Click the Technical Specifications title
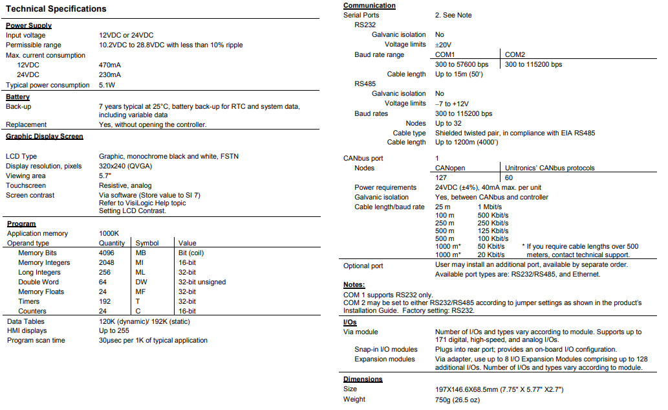coord(56,9)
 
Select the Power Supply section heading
coord(28,25)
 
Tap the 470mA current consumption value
coord(109,65)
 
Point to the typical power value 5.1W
coord(107,85)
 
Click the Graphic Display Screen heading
coord(44,136)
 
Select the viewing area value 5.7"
coord(105,176)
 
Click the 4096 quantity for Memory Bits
coord(106,253)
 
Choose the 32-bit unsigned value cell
coord(202,282)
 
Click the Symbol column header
coord(147,243)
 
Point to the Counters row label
coord(32,311)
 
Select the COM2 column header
coord(515,54)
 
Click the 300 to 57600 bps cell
coord(461,64)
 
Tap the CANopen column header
coord(451,168)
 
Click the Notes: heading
coord(354,284)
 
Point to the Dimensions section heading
coord(362,379)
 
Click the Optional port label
coord(363,266)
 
